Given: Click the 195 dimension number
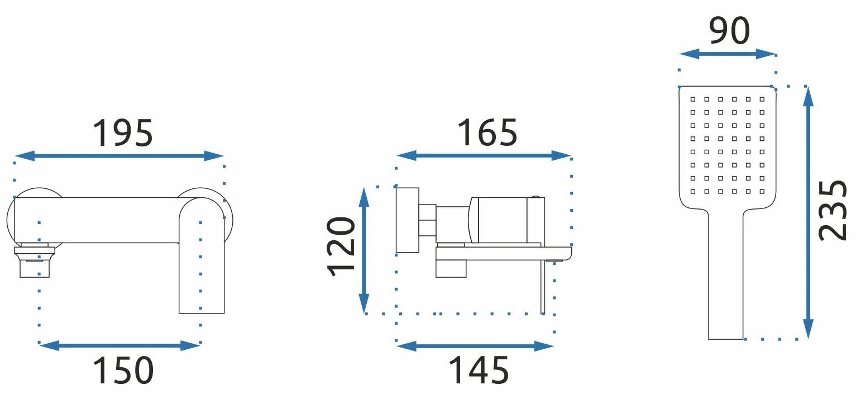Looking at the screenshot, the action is pyautogui.click(x=123, y=133).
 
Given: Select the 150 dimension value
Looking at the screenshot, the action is pyautogui.click(x=123, y=371).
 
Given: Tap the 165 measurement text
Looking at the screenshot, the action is pyautogui.click(x=487, y=132).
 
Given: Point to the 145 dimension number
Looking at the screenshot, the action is pyautogui.click(x=479, y=370).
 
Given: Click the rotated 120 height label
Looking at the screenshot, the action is pyautogui.click(x=341, y=246).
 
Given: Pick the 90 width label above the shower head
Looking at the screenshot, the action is pyautogui.click(x=729, y=31).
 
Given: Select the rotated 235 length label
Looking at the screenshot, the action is pyautogui.click(x=833, y=210).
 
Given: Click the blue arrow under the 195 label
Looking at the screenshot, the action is pyautogui.click(x=119, y=156).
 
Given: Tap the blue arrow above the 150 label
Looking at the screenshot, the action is pyautogui.click(x=119, y=345).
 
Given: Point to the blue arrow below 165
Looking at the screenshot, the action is pyautogui.click(x=484, y=155).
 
